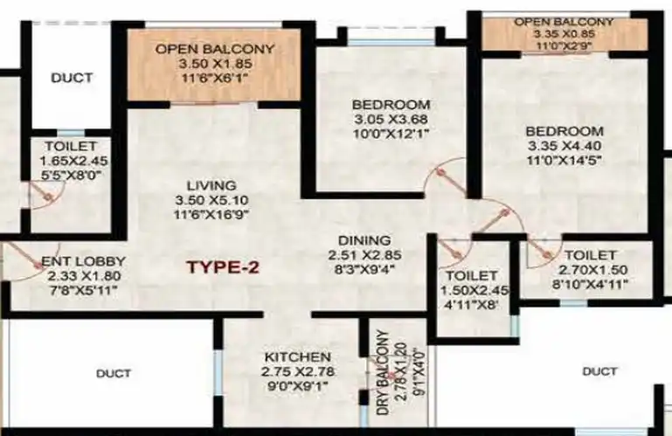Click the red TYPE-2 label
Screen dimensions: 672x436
(x=224, y=267)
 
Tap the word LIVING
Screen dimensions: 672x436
(x=211, y=185)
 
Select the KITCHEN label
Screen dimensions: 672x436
(x=298, y=357)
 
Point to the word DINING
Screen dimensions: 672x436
(x=364, y=240)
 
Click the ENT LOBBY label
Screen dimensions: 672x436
(x=83, y=261)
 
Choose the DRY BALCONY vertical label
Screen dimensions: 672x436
(x=384, y=372)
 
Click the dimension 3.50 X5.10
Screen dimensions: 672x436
(x=211, y=200)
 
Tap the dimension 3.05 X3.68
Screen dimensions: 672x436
(x=391, y=119)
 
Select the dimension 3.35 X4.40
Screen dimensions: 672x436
(x=565, y=146)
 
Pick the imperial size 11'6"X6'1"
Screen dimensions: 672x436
(x=214, y=79)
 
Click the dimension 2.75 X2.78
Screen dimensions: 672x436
(x=298, y=371)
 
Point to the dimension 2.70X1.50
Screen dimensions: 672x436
(x=593, y=270)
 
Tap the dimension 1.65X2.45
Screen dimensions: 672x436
(x=73, y=161)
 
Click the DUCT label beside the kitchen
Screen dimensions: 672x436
(x=114, y=373)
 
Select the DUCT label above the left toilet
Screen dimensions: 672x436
(x=72, y=78)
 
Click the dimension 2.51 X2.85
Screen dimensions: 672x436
(x=364, y=255)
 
